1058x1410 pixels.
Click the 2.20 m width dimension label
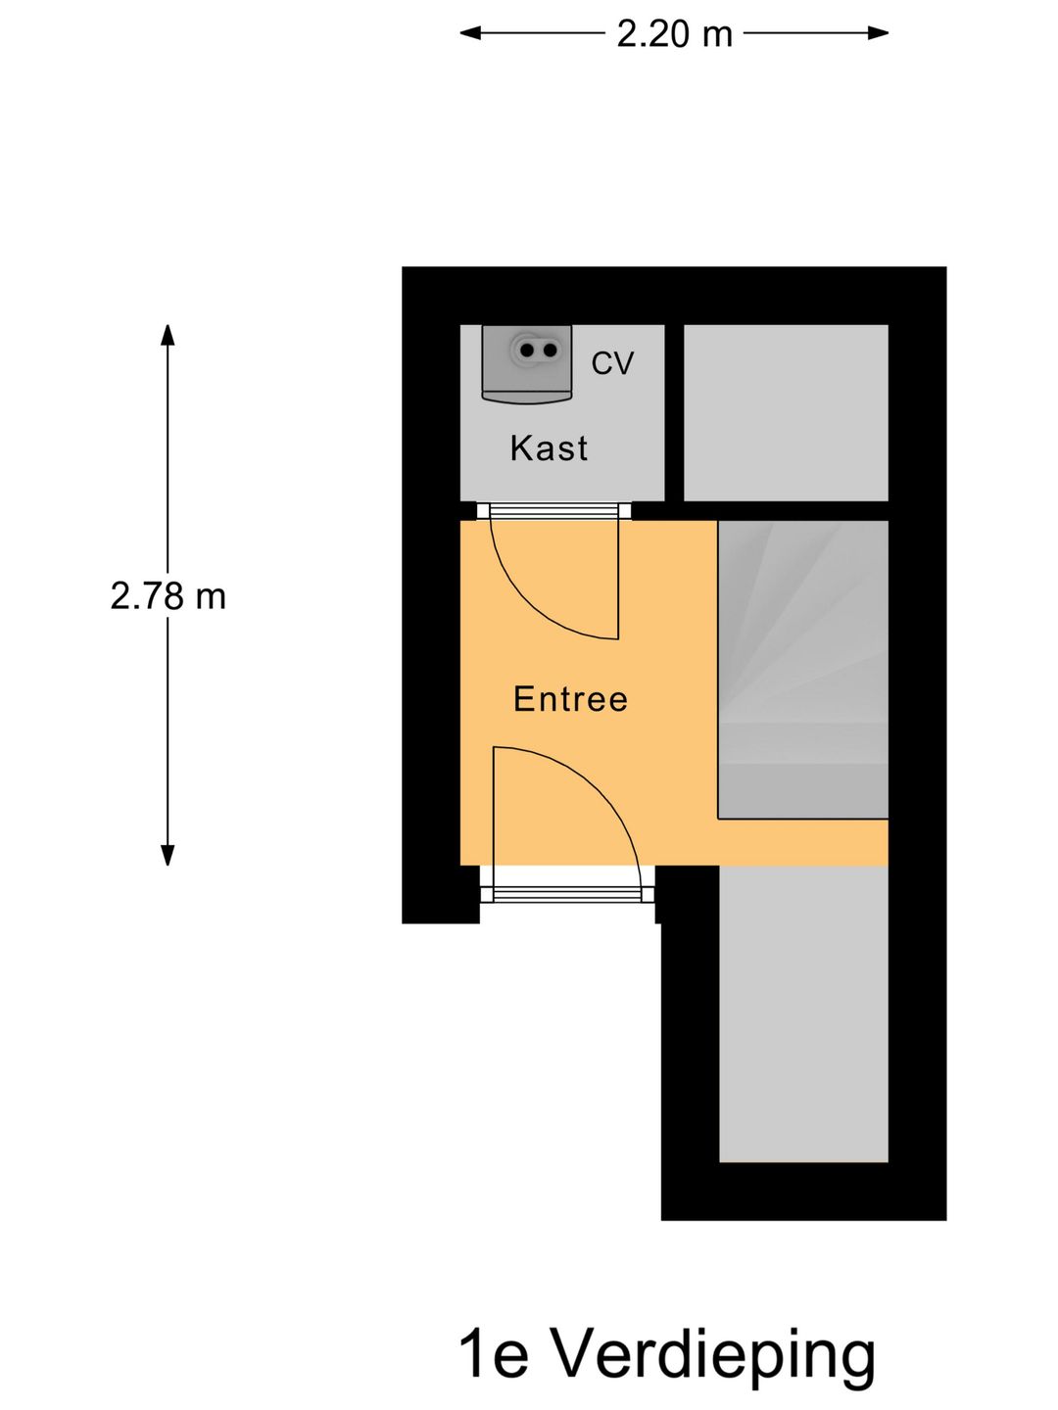coord(674,34)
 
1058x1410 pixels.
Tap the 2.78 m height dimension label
coord(168,596)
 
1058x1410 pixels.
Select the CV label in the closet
coord(612,363)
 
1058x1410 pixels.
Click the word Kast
coord(549,448)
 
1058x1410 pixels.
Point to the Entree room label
coord(570,699)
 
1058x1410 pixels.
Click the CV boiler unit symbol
coord(527,363)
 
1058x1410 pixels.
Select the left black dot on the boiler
coord(527,351)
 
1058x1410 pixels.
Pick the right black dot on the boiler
coord(550,351)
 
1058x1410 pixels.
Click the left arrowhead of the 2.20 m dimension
coord(470,33)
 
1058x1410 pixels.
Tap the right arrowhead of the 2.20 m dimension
coord(878,33)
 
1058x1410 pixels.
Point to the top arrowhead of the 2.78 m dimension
coord(168,335)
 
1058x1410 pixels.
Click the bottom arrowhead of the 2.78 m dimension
coord(168,855)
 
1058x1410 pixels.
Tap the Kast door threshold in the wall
coord(553,511)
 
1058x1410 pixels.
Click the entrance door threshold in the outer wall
coord(567,884)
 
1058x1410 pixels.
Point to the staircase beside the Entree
coord(803,670)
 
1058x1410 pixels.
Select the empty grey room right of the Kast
coord(786,413)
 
